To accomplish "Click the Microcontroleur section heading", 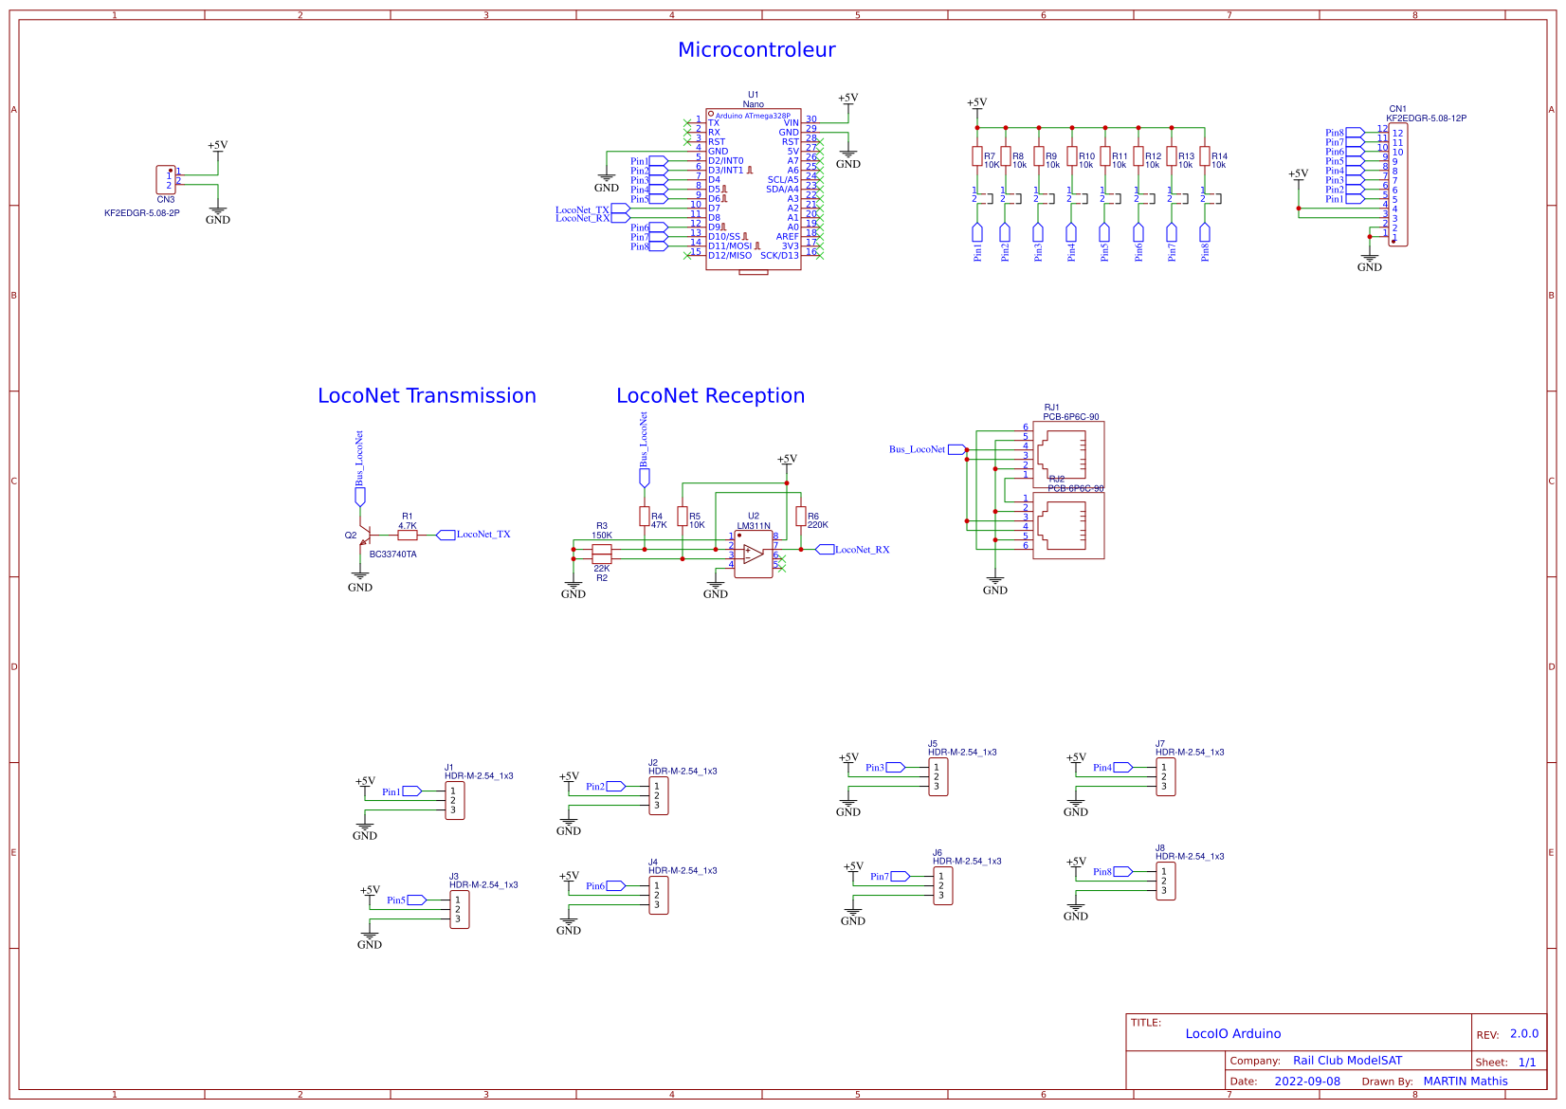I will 756,50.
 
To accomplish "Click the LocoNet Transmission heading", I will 427,396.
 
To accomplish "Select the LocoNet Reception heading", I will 710,396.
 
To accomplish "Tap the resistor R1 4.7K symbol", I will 408,535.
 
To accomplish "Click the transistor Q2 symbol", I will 363,536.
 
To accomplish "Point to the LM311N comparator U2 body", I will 754,554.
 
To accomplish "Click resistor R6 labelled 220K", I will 801,517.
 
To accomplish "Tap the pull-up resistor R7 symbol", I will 977,156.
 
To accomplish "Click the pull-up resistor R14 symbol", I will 1205,156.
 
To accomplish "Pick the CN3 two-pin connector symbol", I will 166,179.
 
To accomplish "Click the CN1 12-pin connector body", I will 1397,185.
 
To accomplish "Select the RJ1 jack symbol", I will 1068,455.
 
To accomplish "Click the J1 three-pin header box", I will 455,800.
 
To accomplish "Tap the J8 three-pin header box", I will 1165,881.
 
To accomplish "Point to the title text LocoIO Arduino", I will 1232,1034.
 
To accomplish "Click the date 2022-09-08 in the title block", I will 1306,1082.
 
